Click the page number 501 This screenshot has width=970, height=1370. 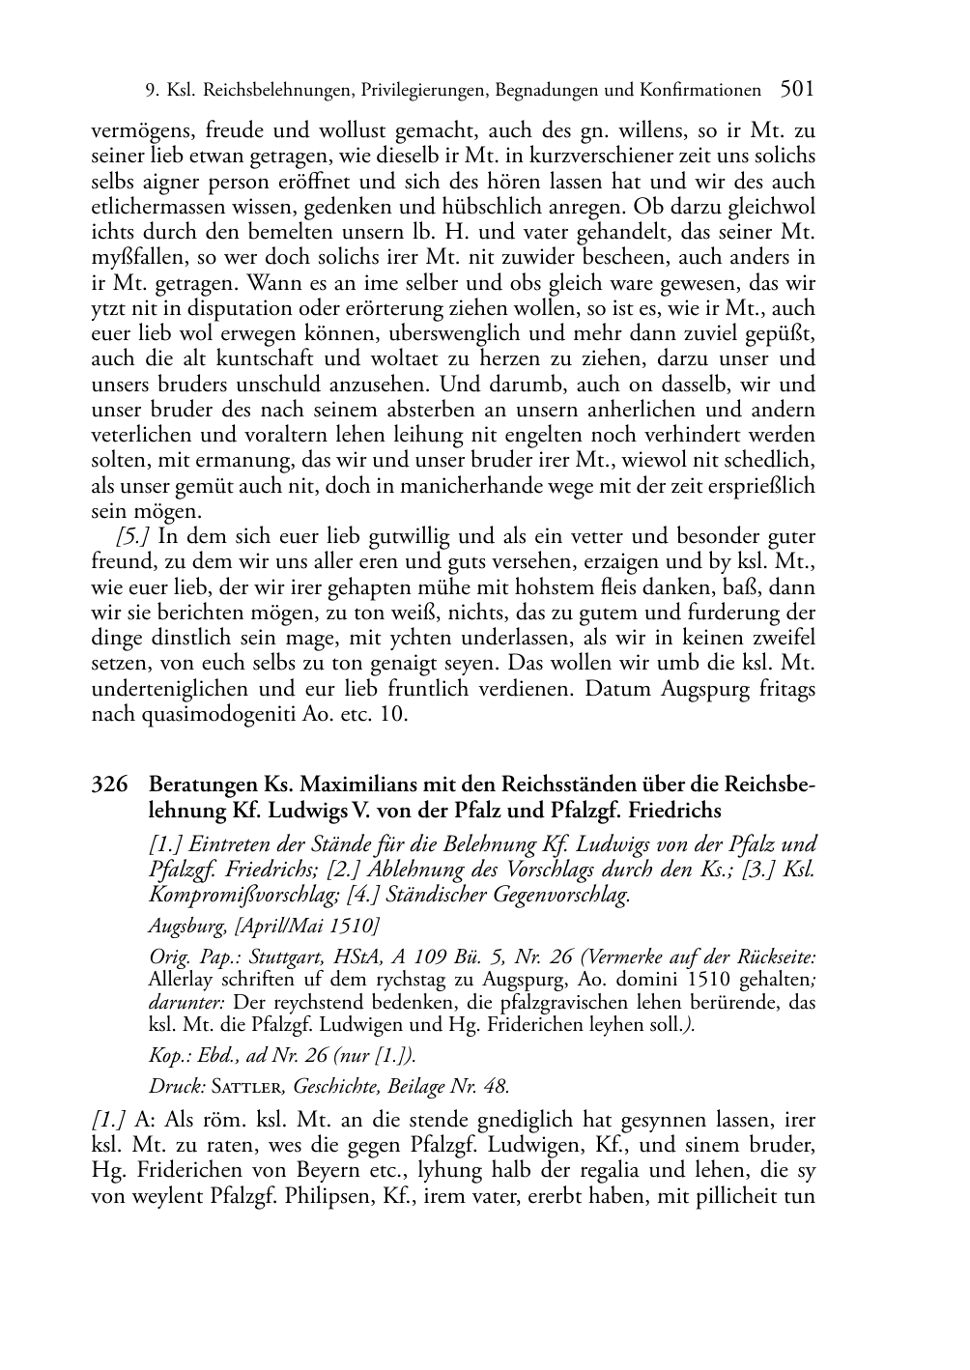(x=796, y=90)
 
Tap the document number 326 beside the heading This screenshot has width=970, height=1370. (x=109, y=785)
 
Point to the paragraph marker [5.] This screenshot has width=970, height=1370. (x=133, y=536)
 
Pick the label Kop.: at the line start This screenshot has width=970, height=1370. (x=168, y=1055)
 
